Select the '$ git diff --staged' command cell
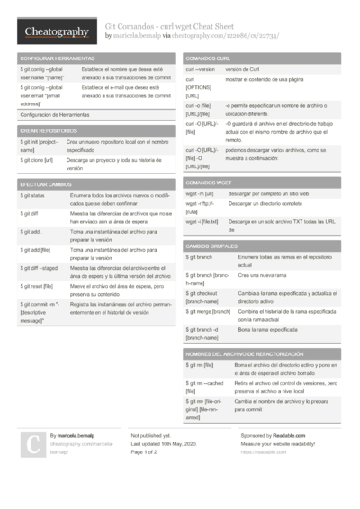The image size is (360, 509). pos(40,267)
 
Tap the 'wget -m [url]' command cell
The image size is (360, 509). pos(200,193)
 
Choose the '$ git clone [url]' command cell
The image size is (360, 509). pos(37,160)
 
